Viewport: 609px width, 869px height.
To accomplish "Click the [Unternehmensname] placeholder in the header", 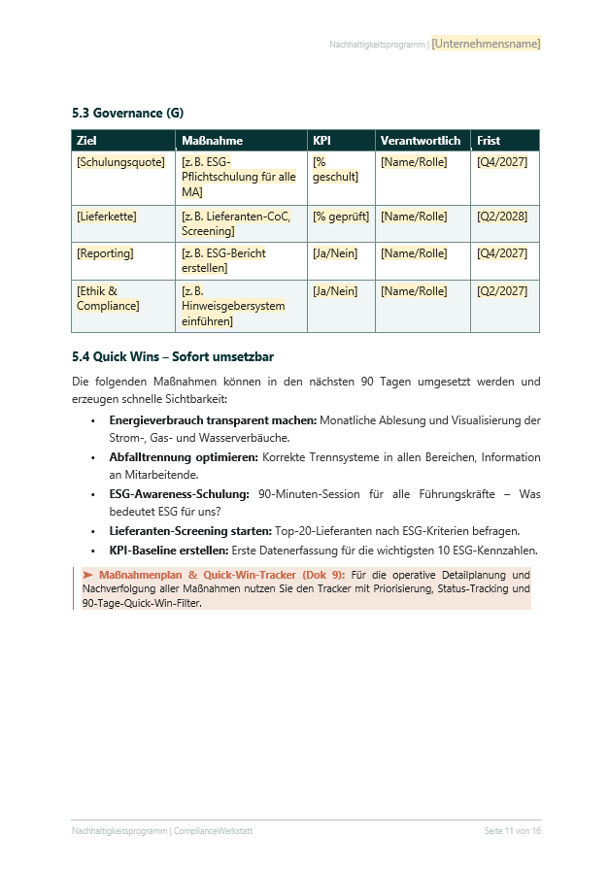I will (486, 44).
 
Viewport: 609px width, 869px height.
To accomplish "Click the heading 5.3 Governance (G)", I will (127, 114).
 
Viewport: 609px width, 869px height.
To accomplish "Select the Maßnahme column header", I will (212, 141).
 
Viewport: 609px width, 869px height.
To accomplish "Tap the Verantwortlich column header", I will (420, 141).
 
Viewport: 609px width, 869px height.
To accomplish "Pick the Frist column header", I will (489, 141).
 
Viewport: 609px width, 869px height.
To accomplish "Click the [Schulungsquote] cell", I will (120, 162).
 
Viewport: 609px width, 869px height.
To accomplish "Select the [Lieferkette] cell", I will (107, 217).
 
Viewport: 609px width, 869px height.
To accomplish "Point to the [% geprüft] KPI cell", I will (340, 217).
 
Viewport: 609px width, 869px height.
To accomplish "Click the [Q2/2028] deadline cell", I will (502, 217).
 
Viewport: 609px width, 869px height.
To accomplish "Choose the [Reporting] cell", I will (105, 253).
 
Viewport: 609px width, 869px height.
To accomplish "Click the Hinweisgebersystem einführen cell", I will (233, 306).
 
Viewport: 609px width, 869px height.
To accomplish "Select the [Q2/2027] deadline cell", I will (502, 291).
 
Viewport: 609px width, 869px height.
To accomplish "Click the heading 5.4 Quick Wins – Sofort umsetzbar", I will (173, 357).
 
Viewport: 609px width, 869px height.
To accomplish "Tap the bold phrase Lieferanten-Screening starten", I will (190, 531).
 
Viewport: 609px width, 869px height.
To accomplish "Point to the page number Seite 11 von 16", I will (512, 831).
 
